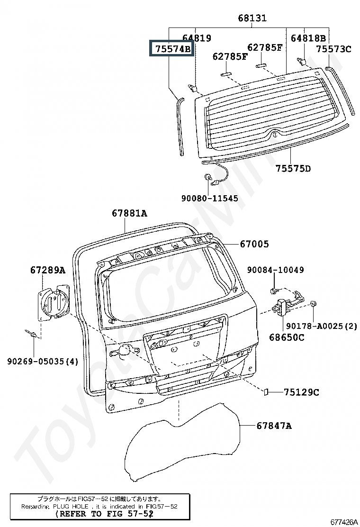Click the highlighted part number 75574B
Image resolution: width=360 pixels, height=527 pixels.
coord(171,49)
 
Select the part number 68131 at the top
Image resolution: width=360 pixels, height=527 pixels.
coord(252,18)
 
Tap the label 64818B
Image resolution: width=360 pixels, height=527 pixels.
coord(308,38)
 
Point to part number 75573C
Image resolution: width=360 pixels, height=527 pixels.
coord(333,49)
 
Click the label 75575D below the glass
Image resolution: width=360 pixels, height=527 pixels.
coord(293,168)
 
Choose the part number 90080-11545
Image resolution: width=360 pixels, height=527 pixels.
coord(209,199)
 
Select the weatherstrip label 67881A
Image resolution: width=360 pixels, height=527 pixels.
coord(129,213)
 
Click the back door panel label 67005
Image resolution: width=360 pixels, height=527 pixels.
coord(254,244)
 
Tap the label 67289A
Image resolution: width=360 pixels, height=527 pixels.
coord(47,270)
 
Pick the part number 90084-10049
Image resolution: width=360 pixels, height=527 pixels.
coord(275,270)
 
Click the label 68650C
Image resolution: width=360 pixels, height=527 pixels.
coord(287,337)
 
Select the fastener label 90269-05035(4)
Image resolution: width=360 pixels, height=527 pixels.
coord(43,362)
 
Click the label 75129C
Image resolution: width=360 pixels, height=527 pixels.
coord(301,392)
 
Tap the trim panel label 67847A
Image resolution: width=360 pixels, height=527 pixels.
coord(274,426)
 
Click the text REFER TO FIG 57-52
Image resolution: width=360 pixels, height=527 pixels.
coord(104,513)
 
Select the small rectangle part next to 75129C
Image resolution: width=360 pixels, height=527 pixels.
coord(266,392)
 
